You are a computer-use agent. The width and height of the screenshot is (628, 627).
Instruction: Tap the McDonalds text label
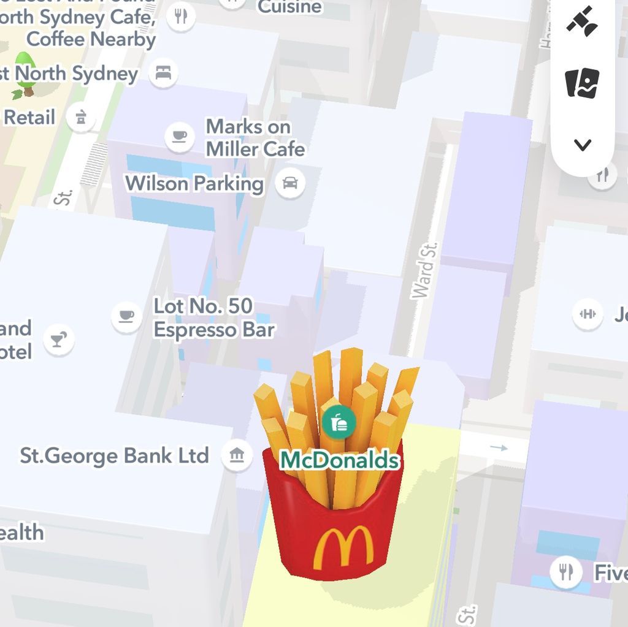pos(340,460)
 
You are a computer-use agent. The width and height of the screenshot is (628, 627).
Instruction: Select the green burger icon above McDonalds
pos(339,422)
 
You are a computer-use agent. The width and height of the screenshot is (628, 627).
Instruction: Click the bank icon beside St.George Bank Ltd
pos(237,456)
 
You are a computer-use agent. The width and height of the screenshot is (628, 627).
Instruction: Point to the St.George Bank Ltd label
pos(115,456)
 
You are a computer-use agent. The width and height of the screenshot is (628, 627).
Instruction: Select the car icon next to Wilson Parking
pos(290,183)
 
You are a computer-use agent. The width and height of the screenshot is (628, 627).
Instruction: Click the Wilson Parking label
pos(194,183)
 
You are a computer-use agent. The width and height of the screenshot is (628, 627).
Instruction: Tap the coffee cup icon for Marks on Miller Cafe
pos(179,135)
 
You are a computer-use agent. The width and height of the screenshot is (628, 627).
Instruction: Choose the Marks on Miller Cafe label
pos(255,138)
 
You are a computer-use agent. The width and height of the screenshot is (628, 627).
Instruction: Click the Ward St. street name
pos(425,270)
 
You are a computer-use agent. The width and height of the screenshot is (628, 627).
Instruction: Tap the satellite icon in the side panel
pos(582,22)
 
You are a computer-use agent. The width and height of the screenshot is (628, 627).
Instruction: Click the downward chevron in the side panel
pos(583,145)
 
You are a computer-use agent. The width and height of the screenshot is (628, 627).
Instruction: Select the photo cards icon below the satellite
pos(582,82)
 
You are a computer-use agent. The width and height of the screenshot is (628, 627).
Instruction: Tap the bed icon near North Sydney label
pos(163,74)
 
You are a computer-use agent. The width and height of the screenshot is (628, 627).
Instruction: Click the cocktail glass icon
pos(59,340)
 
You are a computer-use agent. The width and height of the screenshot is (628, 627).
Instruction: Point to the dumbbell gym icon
pos(588,314)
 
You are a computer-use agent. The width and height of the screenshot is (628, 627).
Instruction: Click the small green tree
pos(25,74)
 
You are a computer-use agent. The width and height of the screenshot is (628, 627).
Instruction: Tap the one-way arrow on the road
pos(500,448)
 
